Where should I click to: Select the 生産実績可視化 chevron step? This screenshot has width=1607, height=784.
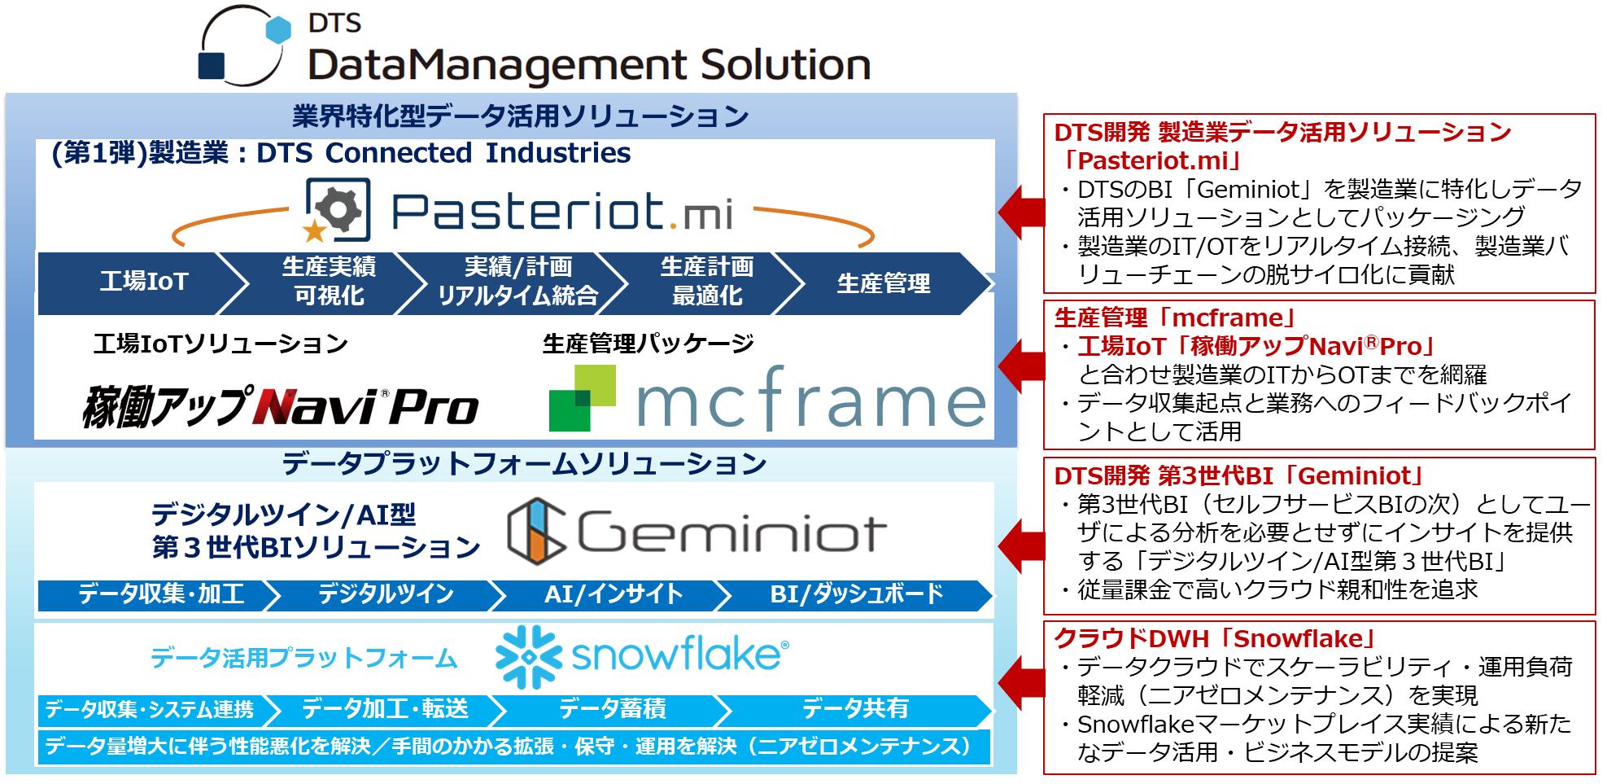click(x=328, y=282)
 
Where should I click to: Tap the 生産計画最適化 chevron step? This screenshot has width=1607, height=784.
click(x=706, y=282)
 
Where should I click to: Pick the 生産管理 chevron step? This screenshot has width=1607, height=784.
click(x=883, y=283)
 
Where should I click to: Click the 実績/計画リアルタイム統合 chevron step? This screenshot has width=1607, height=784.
click(x=517, y=282)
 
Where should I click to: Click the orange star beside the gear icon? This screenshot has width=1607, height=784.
click(x=314, y=231)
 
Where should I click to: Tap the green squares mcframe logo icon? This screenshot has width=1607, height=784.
click(x=581, y=398)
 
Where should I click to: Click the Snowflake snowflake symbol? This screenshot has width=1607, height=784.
click(x=528, y=656)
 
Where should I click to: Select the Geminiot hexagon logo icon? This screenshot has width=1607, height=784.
click(x=536, y=532)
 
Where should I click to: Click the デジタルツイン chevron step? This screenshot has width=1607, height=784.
click(x=386, y=594)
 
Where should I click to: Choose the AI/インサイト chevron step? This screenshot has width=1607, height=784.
click(x=613, y=594)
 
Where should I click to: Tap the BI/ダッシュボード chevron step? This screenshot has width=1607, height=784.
click(x=856, y=594)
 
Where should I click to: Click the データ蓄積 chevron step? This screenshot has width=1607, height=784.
click(x=612, y=709)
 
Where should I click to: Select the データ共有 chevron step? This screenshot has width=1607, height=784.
click(x=855, y=709)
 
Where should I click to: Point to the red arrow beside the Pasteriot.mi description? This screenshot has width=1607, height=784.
click(x=1021, y=212)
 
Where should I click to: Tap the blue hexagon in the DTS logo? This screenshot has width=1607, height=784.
click(x=278, y=30)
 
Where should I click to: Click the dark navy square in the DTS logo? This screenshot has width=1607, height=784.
click(x=212, y=66)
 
